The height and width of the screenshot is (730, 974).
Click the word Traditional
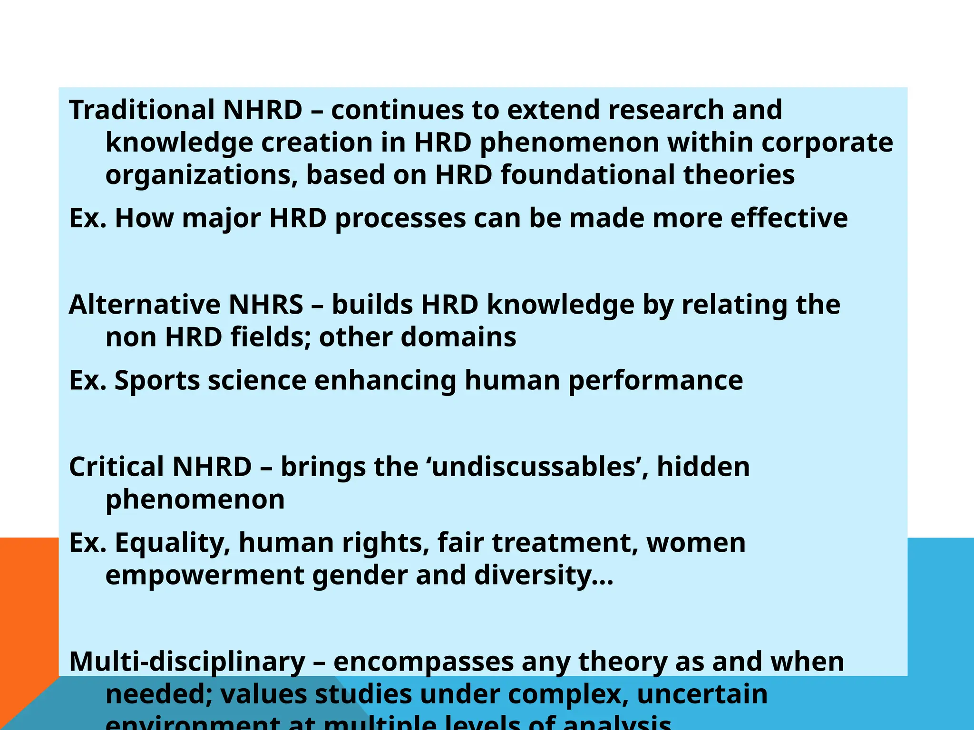142,110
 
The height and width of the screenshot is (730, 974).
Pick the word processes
400,219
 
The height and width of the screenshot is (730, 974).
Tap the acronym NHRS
266,305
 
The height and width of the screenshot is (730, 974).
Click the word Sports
157,381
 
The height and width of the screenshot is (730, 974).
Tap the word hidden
703,467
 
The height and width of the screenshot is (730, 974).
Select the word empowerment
205,576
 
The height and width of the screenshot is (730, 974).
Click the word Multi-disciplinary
187,662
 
